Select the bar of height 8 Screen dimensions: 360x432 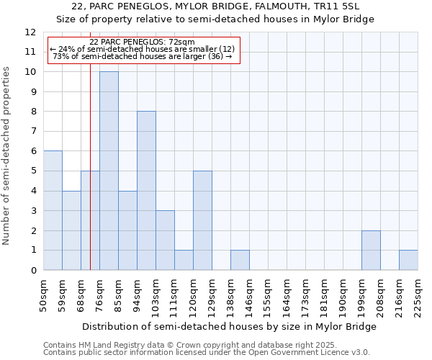[146, 191]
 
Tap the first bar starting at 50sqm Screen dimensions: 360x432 [53, 210]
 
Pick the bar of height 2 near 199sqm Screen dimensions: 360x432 [371, 250]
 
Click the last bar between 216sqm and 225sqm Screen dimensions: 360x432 [408, 260]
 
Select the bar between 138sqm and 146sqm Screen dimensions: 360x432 [240, 260]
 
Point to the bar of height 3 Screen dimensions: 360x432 [165, 240]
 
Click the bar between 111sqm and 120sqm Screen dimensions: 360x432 [184, 260]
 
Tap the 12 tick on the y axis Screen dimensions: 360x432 [30, 32]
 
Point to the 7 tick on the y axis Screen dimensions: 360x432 [32, 132]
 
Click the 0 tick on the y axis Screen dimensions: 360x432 [32, 270]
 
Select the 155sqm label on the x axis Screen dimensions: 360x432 [268, 295]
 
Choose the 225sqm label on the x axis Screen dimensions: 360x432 [418, 295]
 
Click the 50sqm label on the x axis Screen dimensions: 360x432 [43, 295]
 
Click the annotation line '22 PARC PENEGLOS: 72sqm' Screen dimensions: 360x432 [142, 42]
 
